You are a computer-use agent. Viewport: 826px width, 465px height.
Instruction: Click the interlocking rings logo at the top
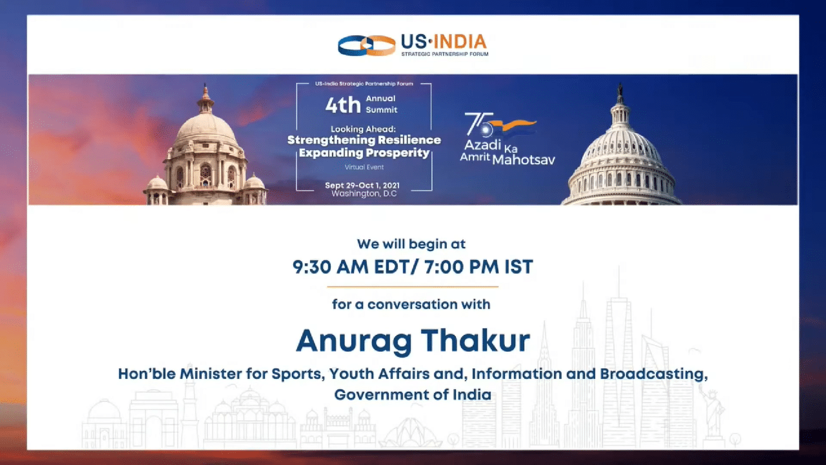click(x=367, y=45)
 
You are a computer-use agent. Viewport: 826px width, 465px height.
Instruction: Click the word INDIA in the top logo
click(x=460, y=42)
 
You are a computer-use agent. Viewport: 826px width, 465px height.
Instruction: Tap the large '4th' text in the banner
click(x=343, y=105)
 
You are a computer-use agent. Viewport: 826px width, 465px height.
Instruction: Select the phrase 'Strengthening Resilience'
click(x=364, y=140)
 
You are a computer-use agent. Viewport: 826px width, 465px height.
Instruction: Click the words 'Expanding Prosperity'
click(x=365, y=153)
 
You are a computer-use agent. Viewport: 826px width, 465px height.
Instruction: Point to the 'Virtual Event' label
click(x=365, y=167)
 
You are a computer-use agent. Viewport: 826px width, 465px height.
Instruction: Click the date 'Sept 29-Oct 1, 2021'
click(x=362, y=185)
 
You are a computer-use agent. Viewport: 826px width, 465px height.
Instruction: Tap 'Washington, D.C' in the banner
click(x=364, y=194)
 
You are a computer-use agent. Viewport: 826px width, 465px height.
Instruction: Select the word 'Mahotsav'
click(x=524, y=160)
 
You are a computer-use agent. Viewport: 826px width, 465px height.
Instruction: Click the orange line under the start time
click(x=412, y=286)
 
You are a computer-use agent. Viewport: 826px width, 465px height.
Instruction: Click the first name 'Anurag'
click(x=354, y=342)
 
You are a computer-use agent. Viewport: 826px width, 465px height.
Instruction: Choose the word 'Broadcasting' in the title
click(x=654, y=374)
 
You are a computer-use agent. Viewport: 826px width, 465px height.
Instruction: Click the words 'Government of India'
click(x=412, y=395)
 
